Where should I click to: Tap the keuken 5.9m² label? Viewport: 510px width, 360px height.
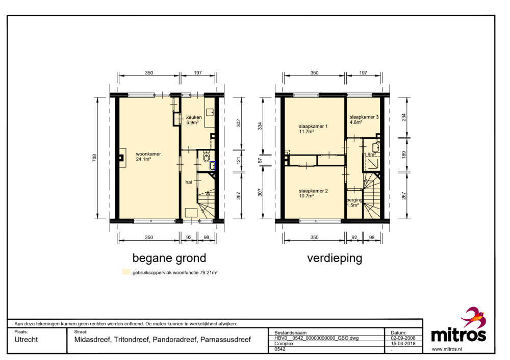click(x=194, y=120)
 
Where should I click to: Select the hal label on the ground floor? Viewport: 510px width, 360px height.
click(x=189, y=182)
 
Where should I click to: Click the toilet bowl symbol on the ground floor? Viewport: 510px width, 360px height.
click(x=206, y=158)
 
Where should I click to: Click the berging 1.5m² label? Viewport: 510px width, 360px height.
click(x=354, y=202)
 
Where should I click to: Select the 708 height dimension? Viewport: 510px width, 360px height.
click(x=94, y=158)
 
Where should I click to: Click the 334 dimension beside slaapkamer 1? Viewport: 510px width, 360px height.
click(x=260, y=126)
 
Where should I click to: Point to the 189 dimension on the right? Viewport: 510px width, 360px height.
click(x=403, y=155)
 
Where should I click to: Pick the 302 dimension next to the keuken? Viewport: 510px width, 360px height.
click(x=238, y=123)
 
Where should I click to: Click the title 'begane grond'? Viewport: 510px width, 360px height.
click(x=169, y=258)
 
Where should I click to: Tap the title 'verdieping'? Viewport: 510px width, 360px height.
click(x=335, y=258)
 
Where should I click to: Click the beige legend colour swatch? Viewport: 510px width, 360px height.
click(x=126, y=272)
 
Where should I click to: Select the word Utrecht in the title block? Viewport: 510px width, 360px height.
click(x=26, y=340)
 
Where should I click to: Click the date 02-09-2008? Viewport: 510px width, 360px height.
click(x=403, y=338)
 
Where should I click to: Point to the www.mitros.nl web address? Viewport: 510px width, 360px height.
click(x=447, y=349)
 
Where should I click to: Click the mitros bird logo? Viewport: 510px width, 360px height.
click(x=474, y=317)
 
